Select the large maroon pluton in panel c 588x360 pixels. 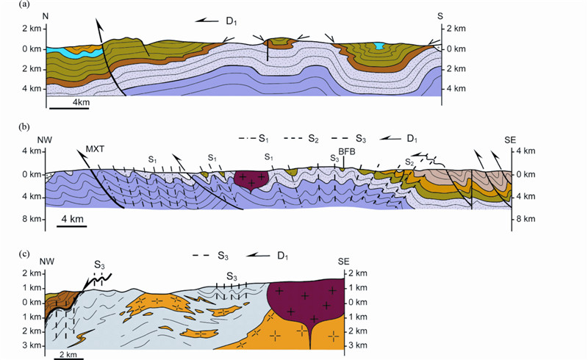(x=306, y=301)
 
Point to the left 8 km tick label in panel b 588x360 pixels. (x=29, y=218)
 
